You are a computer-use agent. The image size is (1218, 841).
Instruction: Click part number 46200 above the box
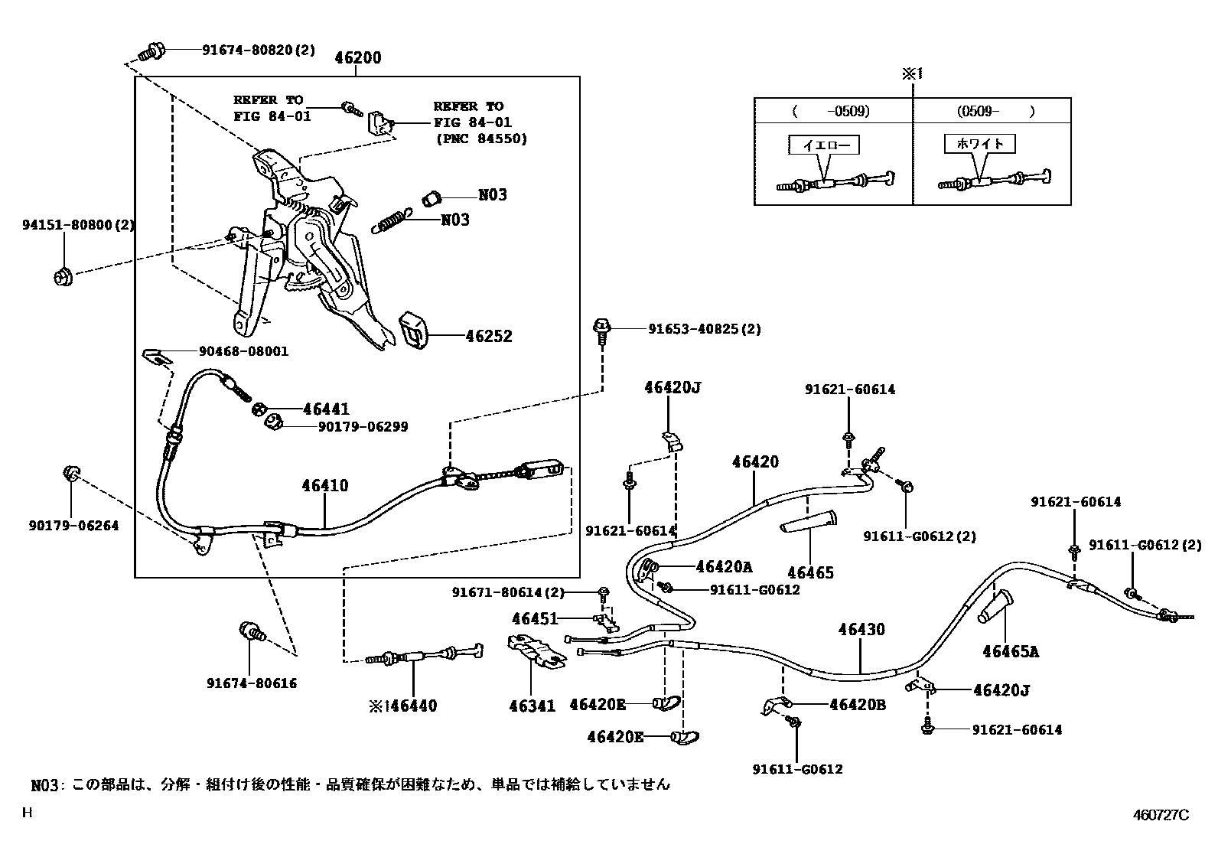[358, 58]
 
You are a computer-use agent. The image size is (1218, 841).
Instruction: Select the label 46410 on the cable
[324, 485]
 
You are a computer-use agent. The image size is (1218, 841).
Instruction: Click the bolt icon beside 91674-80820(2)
[151, 52]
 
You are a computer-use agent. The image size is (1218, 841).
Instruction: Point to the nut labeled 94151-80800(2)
[63, 277]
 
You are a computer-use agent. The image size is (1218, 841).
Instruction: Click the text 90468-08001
[243, 351]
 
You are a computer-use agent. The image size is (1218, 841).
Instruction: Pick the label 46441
[326, 409]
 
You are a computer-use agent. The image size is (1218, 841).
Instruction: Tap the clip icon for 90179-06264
[70, 474]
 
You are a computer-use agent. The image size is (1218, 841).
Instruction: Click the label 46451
[535, 618]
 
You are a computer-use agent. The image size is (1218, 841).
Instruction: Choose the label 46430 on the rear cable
[861, 629]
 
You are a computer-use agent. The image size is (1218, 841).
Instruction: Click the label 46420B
[858, 704]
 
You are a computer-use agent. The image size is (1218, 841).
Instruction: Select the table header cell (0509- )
[993, 112]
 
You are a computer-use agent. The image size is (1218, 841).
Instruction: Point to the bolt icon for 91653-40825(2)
[602, 331]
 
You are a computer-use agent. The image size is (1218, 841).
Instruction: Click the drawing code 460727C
[1161, 815]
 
